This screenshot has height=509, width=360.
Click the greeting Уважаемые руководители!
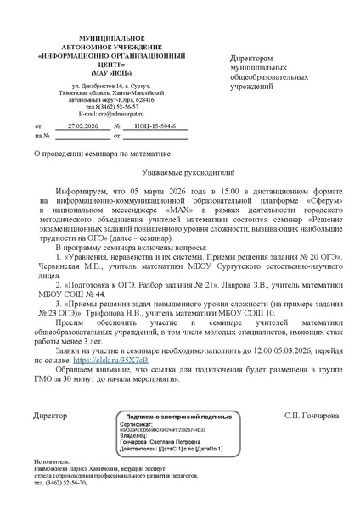180,171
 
